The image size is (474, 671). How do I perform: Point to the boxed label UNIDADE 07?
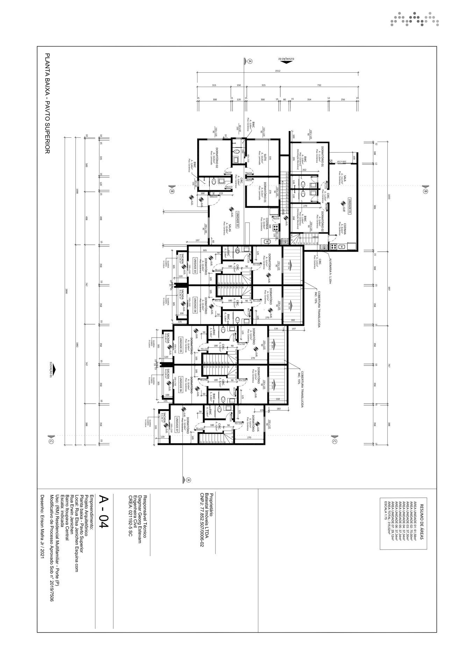tap(177, 425)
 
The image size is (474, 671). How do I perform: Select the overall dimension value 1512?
tap(278, 71)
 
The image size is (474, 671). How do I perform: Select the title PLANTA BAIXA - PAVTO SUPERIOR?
tap(48, 103)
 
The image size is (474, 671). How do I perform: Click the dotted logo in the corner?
tap(415, 19)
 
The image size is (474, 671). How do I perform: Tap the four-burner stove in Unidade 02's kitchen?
tap(275, 226)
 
